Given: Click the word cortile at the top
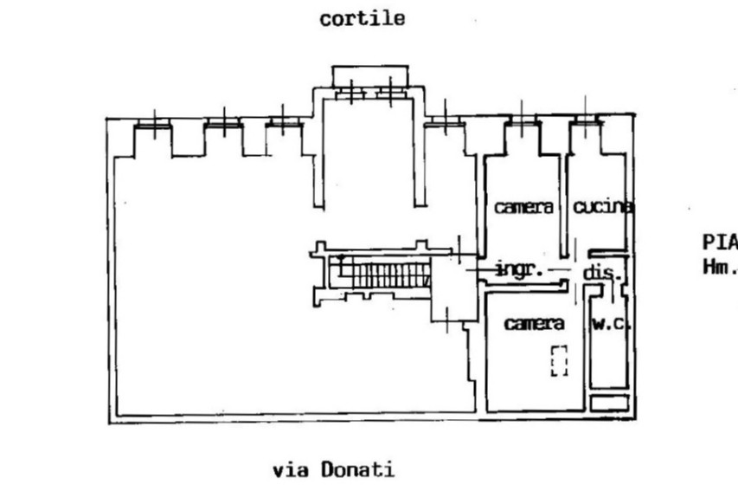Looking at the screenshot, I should pyautogui.click(x=362, y=19).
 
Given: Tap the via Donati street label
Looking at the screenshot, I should pyautogui.click(x=333, y=470).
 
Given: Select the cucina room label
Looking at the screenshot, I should pyautogui.click(x=602, y=207).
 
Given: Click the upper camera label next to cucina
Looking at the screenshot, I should pyautogui.click(x=523, y=208).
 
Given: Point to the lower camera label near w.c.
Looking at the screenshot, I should pyautogui.click(x=534, y=324).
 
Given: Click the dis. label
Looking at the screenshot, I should pyautogui.click(x=603, y=273).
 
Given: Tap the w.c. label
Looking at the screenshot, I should pyautogui.click(x=612, y=325).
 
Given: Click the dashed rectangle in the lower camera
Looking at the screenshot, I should pyautogui.click(x=559, y=359).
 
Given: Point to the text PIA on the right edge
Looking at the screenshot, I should pyautogui.click(x=718, y=239).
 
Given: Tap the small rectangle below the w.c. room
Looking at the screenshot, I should pyautogui.click(x=608, y=402).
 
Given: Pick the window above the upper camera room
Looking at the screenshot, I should pyautogui.click(x=522, y=125).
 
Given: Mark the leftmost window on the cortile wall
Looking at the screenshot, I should pyautogui.click(x=152, y=127).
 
